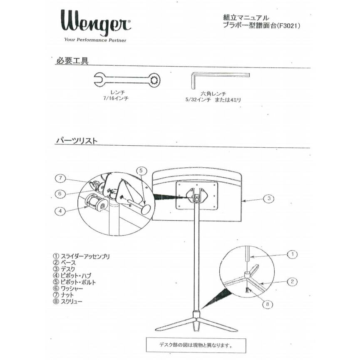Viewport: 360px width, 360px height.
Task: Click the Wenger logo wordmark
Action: coord(95,22)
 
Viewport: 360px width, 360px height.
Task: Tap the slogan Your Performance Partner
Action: coord(95,40)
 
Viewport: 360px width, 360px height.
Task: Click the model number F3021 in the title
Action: coord(288,26)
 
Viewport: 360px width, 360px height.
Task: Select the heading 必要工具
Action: coord(72,61)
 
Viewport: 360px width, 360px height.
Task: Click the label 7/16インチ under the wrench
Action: coord(116,99)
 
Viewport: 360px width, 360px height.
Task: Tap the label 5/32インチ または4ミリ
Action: coord(213,100)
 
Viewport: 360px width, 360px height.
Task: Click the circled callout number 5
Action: coord(141,171)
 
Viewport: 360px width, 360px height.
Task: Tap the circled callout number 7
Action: coord(60,178)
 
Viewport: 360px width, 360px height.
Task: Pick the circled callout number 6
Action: coord(60,194)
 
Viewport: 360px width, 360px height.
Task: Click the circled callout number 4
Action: coord(60,211)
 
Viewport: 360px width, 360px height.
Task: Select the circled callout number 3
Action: coord(269,199)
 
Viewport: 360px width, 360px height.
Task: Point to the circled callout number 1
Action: coord(293,254)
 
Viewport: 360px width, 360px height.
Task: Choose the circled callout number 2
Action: coord(292,281)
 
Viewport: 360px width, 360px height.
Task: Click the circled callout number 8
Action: coord(268,304)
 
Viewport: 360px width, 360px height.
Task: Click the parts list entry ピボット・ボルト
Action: coord(78,282)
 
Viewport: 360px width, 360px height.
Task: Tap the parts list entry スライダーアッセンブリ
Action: coord(85,256)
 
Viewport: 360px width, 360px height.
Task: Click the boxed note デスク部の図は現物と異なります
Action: coord(196,345)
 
